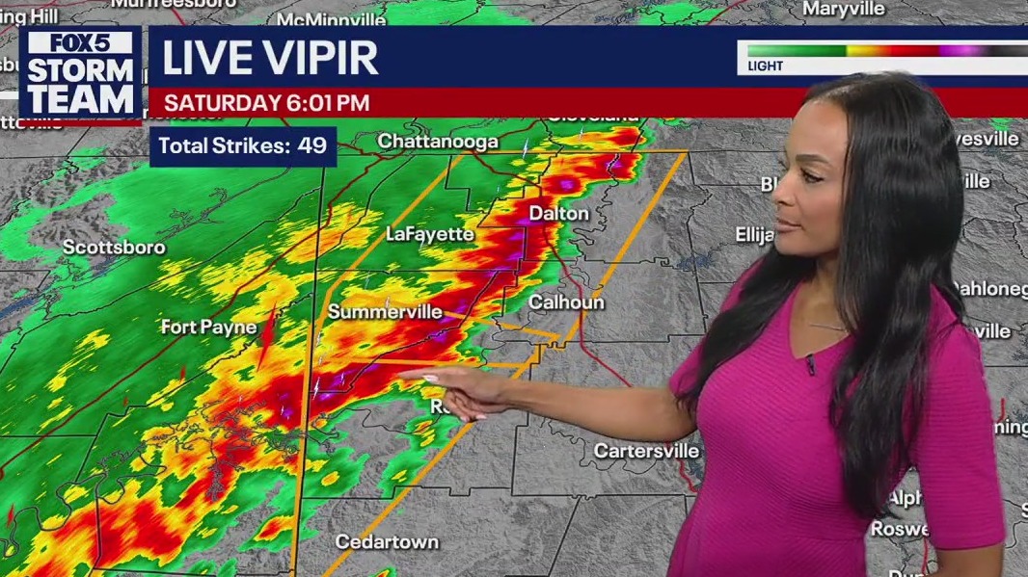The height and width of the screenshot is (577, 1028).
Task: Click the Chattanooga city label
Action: click(438, 142)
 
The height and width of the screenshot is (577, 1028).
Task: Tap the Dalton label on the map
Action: click(558, 213)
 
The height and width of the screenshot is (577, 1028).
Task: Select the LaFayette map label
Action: click(430, 234)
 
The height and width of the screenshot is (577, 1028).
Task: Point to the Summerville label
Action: click(385, 311)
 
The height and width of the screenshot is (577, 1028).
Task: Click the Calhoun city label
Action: click(566, 302)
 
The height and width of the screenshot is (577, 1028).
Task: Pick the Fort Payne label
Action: click(208, 327)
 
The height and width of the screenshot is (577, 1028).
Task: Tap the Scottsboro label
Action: click(114, 248)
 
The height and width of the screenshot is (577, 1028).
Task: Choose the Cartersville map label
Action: click(646, 451)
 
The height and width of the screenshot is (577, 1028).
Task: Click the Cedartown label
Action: click(387, 542)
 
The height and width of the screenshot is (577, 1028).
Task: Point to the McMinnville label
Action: click(331, 19)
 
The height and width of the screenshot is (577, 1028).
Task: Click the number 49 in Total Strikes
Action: click(312, 146)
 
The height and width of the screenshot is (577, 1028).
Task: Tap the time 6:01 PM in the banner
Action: click(323, 103)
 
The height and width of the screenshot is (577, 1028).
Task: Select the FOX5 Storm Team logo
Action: click(80, 74)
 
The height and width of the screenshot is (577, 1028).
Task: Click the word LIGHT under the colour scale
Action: click(766, 66)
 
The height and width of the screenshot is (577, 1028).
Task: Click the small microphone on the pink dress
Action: click(811, 365)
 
